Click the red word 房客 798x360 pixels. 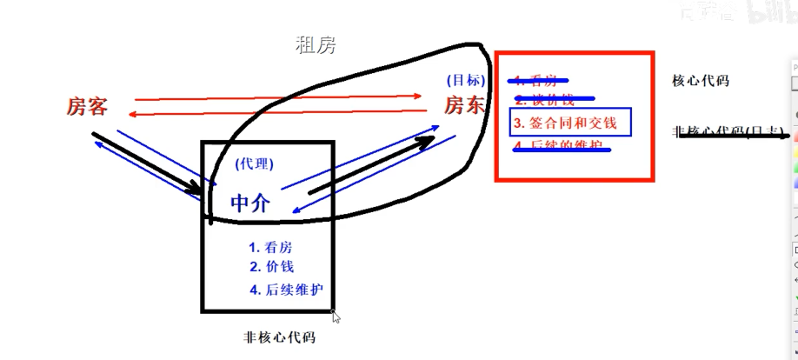(87, 107)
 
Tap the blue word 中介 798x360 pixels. (250, 203)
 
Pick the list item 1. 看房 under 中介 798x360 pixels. (270, 247)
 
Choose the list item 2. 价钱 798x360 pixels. (271, 267)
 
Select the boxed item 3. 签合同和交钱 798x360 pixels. (570, 123)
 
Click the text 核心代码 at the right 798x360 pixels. (701, 81)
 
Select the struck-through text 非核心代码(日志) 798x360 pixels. (728, 132)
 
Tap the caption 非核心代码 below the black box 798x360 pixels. (279, 337)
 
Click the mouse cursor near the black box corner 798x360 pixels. (336, 317)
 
